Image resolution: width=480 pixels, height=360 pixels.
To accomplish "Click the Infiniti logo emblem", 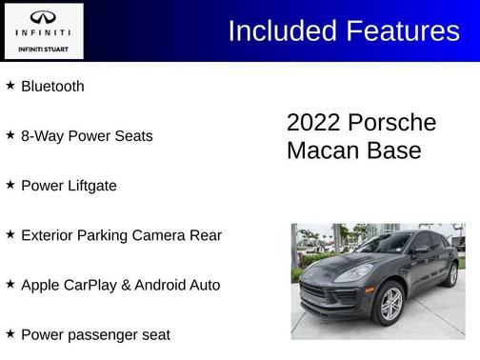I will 43,17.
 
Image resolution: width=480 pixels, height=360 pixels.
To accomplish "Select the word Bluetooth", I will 52,86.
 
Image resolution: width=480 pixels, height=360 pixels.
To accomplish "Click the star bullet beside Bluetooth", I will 10,85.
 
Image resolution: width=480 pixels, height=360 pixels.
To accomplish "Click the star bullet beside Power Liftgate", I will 10,185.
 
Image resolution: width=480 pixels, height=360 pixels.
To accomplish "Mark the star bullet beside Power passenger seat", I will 10,333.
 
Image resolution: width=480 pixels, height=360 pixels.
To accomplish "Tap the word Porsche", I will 391,123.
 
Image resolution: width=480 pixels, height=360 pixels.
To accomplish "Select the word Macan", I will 321,150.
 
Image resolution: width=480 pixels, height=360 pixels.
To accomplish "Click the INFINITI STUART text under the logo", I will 43,47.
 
